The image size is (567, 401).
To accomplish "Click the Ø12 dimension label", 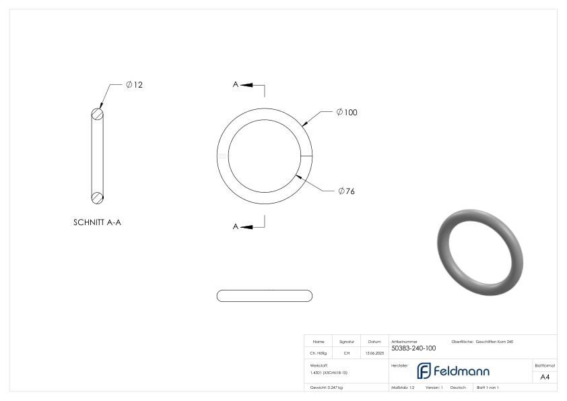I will pos(134,85).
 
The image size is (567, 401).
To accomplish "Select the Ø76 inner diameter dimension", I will pos(345,191).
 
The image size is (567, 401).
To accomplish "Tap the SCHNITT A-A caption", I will pos(97,222).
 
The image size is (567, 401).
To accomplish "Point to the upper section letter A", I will pos(236,85).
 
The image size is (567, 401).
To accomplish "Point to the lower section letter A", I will pos(236,226).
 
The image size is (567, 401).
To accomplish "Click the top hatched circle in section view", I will pos(98,114).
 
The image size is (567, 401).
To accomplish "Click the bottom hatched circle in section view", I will pos(98,197).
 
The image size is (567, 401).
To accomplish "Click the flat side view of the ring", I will pos(265,296).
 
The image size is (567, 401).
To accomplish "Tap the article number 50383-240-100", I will pos(413,348).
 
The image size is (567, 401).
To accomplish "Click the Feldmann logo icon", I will pos(424,371).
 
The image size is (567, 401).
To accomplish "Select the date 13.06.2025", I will pos(374,352).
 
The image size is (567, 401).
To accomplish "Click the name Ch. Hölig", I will pos(319,352).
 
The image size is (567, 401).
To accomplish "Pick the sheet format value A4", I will pos(545,377).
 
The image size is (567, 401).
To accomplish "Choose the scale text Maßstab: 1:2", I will pos(403,388).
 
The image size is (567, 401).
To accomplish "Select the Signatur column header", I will pos(346,342).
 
